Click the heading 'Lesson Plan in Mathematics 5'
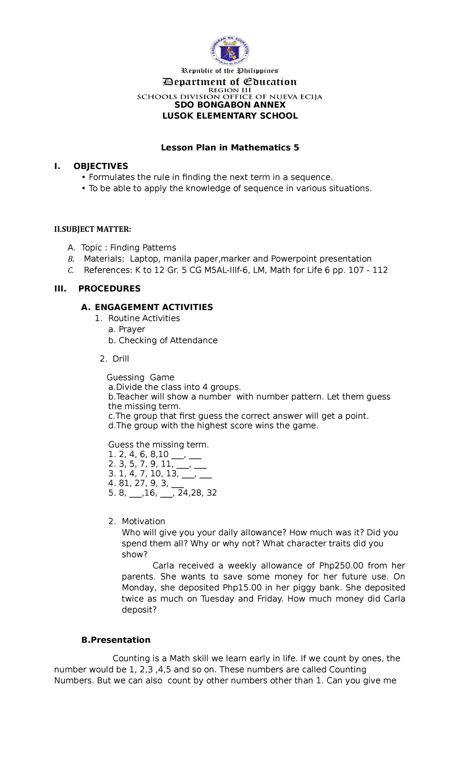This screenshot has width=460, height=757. point(230,147)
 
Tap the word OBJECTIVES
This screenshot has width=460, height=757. point(101,166)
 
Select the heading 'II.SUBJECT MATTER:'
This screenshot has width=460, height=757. point(92,229)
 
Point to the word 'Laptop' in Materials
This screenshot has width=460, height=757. point(144,259)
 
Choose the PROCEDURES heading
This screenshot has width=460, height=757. point(109,288)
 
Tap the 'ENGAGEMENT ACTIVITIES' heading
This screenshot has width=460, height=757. point(154,307)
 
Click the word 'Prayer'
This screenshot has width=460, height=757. point(132,329)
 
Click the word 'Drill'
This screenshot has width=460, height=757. point(121,359)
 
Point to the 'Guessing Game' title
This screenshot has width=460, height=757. point(140,377)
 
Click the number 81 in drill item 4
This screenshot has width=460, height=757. point(124,483)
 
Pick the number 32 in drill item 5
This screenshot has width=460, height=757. point(212,493)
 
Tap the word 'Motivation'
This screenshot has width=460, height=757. point(143,521)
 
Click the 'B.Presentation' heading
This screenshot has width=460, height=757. point(116,640)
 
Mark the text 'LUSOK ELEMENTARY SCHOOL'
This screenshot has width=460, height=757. point(230,116)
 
